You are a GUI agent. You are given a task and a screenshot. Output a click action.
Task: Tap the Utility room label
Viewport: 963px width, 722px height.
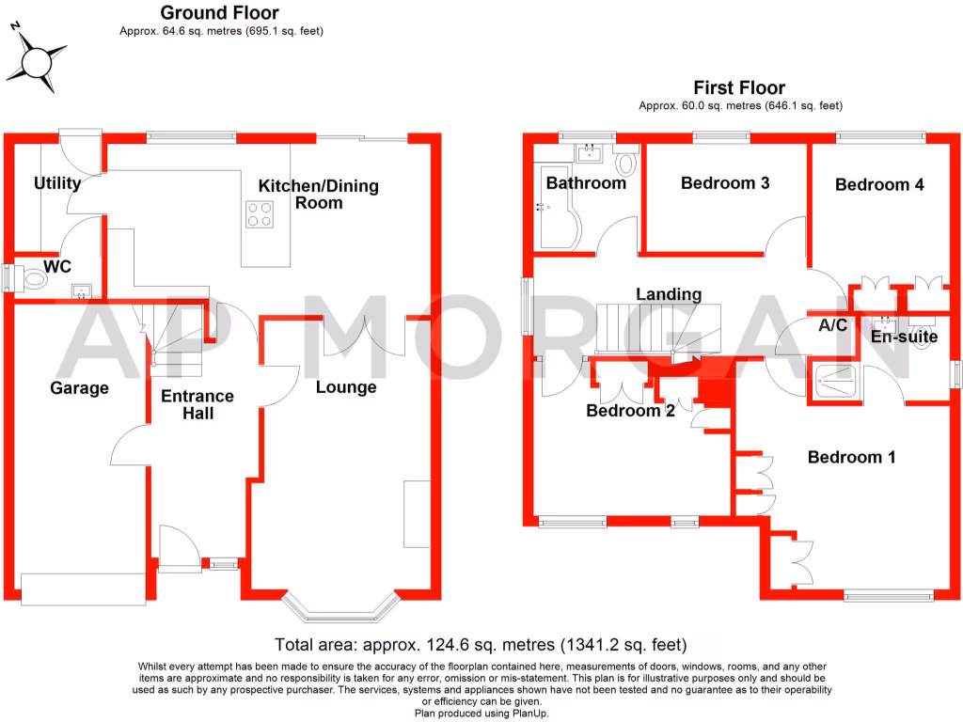(x=57, y=183)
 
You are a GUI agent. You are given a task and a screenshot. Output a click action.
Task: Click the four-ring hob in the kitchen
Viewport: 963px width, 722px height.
(x=260, y=215)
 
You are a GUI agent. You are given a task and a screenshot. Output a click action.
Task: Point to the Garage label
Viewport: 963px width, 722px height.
(x=79, y=387)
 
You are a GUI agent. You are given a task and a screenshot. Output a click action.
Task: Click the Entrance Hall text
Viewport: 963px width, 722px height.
(x=197, y=404)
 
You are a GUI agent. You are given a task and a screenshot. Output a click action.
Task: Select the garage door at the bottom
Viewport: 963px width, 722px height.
(x=84, y=589)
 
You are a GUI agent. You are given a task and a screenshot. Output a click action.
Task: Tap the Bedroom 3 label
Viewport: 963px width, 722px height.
(x=725, y=182)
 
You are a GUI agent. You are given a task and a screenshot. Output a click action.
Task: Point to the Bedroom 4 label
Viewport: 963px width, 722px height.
(x=879, y=184)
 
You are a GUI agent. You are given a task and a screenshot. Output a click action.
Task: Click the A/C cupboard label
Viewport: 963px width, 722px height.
(x=833, y=325)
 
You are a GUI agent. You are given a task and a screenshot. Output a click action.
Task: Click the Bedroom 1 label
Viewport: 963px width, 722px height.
(x=851, y=457)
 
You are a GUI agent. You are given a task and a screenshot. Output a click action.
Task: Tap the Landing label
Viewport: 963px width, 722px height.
(x=668, y=294)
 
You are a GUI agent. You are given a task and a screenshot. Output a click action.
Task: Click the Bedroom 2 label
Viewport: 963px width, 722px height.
(x=630, y=410)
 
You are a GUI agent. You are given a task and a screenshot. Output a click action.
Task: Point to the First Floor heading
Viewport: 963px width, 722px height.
(x=739, y=88)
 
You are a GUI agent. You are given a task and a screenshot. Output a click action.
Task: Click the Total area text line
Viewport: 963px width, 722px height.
(x=481, y=645)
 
